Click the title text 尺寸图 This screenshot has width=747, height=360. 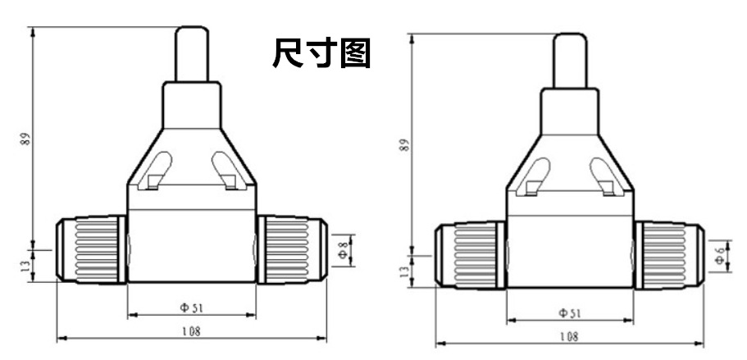pyautogui.click(x=321, y=54)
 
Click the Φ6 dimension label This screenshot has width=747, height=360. pyautogui.click(x=719, y=257)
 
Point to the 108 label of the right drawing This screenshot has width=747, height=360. pyautogui.click(x=568, y=337)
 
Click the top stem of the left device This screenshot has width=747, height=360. pyautogui.click(x=191, y=53)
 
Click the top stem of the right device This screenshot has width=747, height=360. pyautogui.click(x=569, y=59)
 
